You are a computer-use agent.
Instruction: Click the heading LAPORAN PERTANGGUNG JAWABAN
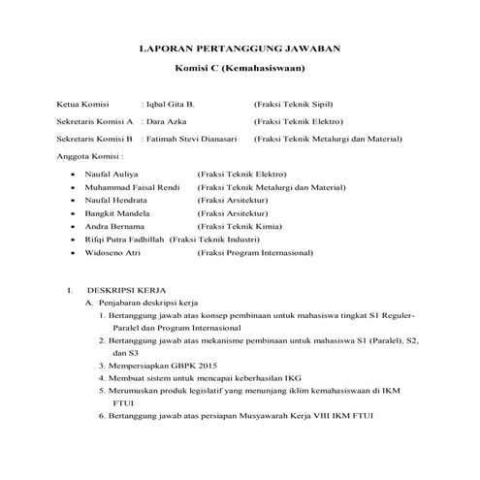(240, 48)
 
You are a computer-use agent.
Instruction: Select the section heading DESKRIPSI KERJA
(129, 290)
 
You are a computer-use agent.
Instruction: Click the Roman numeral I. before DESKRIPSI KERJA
(71, 290)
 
